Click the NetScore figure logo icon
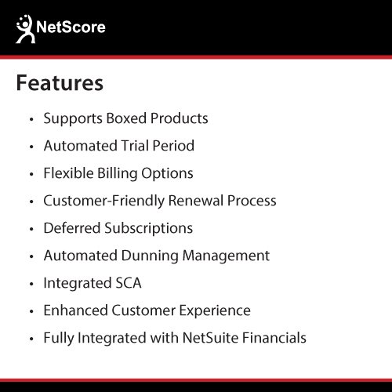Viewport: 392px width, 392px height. [25, 29]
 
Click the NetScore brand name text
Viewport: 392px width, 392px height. [71, 27]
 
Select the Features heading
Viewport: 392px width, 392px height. [60, 83]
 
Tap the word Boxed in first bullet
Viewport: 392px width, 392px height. [126, 118]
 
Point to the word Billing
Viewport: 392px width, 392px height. [118, 174]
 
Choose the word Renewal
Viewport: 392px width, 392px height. [196, 201]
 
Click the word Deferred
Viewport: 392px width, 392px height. [72, 228]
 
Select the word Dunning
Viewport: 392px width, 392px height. [150, 256]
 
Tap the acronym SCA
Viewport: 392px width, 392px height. [129, 283]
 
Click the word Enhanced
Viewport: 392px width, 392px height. [76, 310]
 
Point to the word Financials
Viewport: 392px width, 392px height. [274, 338]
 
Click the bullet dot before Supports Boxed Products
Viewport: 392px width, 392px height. [31, 119]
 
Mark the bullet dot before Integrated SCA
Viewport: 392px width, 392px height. [31, 284]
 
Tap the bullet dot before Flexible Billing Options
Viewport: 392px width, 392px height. [31, 174]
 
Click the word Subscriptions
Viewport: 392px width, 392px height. [149, 229]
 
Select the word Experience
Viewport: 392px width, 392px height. [215, 311]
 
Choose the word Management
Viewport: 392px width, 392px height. [226, 256]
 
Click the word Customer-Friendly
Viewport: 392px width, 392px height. [104, 201]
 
